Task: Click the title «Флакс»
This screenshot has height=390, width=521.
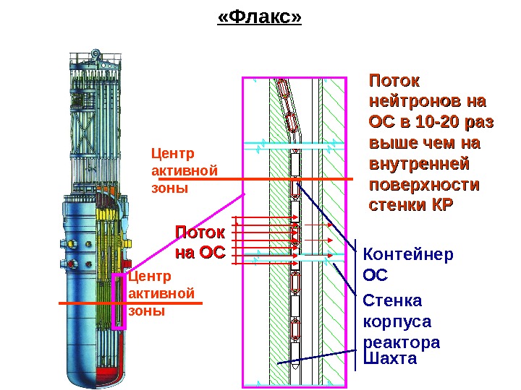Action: point(259,17)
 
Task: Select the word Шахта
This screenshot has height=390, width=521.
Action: point(391,359)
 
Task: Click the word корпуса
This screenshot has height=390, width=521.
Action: point(397,321)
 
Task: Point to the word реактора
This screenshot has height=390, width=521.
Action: point(402,342)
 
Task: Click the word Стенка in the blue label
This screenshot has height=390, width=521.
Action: point(392,300)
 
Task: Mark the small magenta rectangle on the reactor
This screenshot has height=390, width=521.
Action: point(119,301)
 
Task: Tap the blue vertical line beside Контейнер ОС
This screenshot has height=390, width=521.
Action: point(355,303)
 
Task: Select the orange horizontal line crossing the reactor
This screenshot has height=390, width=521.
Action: point(130,304)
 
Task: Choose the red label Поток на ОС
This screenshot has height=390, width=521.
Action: point(200,243)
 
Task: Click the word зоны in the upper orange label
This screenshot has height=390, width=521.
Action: point(169,188)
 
